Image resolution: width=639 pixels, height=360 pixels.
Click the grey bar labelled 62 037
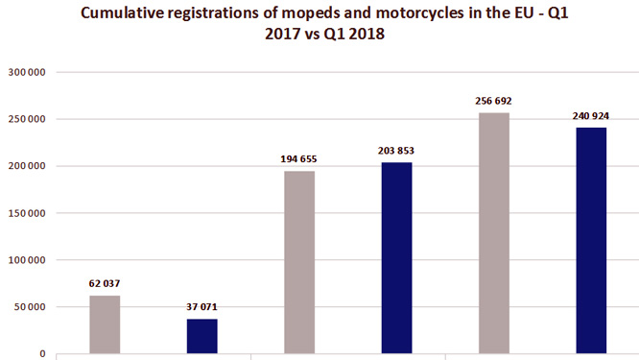[x=105, y=324]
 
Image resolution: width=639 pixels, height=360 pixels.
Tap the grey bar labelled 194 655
[x=298, y=262]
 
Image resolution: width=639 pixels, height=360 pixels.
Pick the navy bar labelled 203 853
[x=395, y=257]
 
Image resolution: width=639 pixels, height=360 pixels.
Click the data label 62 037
[x=105, y=284]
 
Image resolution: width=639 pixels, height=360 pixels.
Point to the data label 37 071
[x=201, y=307]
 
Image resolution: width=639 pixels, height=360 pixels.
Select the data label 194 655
[x=298, y=159]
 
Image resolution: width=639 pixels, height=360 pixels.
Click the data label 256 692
[x=493, y=101]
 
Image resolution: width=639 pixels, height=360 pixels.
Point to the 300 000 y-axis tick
[x=26, y=72]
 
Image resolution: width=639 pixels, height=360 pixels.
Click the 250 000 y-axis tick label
[x=26, y=119]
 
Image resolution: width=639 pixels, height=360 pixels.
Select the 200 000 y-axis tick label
[x=26, y=166]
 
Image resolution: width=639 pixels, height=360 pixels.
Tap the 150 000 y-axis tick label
[x=26, y=213]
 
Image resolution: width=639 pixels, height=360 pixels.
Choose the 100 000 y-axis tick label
[x=26, y=260]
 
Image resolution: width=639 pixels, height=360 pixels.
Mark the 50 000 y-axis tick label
[x=29, y=307]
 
